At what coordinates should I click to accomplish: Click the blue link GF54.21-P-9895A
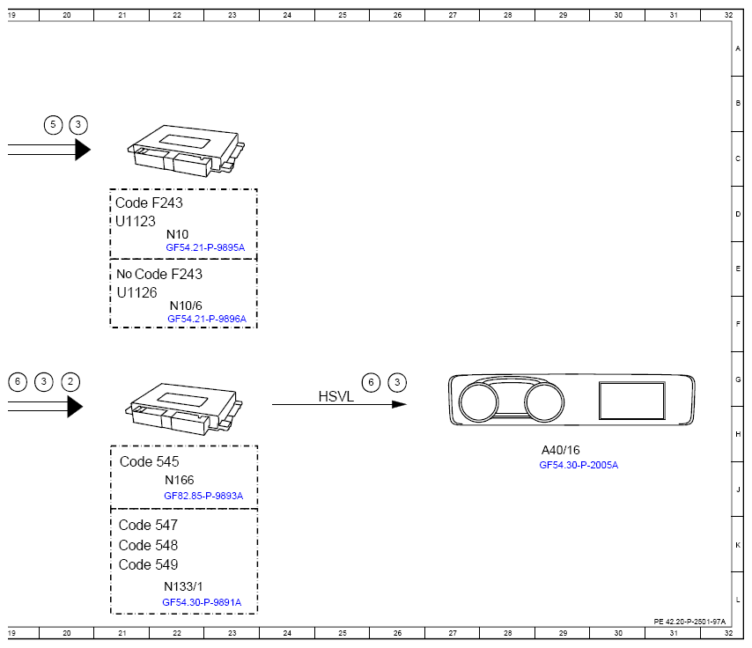tap(205, 247)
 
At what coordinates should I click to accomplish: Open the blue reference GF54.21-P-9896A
tap(207, 319)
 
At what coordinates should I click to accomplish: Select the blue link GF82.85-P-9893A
tap(203, 496)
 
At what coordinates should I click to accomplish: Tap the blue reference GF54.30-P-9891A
tap(202, 602)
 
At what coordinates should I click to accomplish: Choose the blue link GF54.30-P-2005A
tap(579, 465)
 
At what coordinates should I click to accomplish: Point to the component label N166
tap(180, 480)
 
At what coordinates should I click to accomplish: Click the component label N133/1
tap(183, 586)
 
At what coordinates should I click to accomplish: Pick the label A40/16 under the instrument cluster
tap(560, 450)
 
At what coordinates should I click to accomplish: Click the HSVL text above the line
tap(335, 396)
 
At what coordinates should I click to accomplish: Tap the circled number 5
tap(53, 125)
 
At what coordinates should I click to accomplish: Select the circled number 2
tap(70, 382)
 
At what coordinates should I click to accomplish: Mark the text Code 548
tap(148, 545)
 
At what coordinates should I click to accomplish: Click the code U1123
tap(136, 221)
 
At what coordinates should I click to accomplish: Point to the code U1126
tap(136, 292)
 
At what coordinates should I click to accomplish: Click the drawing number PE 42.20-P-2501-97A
tap(689, 622)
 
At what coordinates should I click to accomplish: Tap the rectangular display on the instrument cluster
tap(632, 401)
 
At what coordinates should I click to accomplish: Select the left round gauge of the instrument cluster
tap(479, 402)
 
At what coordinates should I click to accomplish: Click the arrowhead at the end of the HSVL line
tap(399, 404)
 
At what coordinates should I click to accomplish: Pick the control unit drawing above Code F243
tap(186, 151)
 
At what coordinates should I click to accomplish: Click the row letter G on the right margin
tap(738, 379)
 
